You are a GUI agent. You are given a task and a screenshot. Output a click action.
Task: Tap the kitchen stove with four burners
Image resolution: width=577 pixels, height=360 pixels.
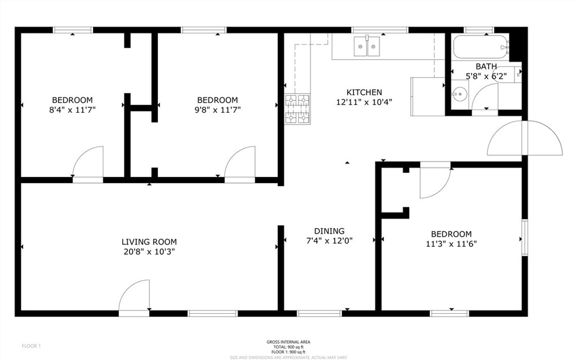(298, 109)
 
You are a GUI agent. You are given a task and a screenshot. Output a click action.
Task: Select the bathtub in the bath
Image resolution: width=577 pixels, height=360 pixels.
(479, 47)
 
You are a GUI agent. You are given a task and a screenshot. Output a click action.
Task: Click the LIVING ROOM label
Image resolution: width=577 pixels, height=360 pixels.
(149, 242)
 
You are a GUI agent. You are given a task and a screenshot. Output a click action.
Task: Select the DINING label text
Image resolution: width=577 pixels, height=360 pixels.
(329, 231)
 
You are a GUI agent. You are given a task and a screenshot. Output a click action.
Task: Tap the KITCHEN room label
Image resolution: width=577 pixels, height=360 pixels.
(364, 92)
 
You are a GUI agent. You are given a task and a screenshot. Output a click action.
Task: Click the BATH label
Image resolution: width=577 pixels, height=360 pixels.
(486, 66)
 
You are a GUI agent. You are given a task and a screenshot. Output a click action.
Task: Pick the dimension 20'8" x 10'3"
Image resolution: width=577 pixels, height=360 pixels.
(149, 252)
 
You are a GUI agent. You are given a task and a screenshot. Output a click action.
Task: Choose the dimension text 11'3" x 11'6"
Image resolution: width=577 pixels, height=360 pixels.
(451, 244)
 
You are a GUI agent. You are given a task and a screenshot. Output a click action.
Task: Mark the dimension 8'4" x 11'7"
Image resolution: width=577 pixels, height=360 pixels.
(73, 110)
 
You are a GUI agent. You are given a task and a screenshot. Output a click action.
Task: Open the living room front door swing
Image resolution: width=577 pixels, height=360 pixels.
(136, 296)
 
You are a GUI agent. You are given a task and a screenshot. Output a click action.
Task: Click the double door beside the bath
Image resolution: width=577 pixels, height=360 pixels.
(525, 137)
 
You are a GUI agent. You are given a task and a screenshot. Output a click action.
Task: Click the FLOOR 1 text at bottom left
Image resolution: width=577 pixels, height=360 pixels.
(32, 345)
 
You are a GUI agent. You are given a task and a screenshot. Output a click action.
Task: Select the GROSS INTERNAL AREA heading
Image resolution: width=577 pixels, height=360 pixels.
(288, 342)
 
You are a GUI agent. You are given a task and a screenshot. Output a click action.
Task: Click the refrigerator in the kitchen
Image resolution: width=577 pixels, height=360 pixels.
(427, 96)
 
